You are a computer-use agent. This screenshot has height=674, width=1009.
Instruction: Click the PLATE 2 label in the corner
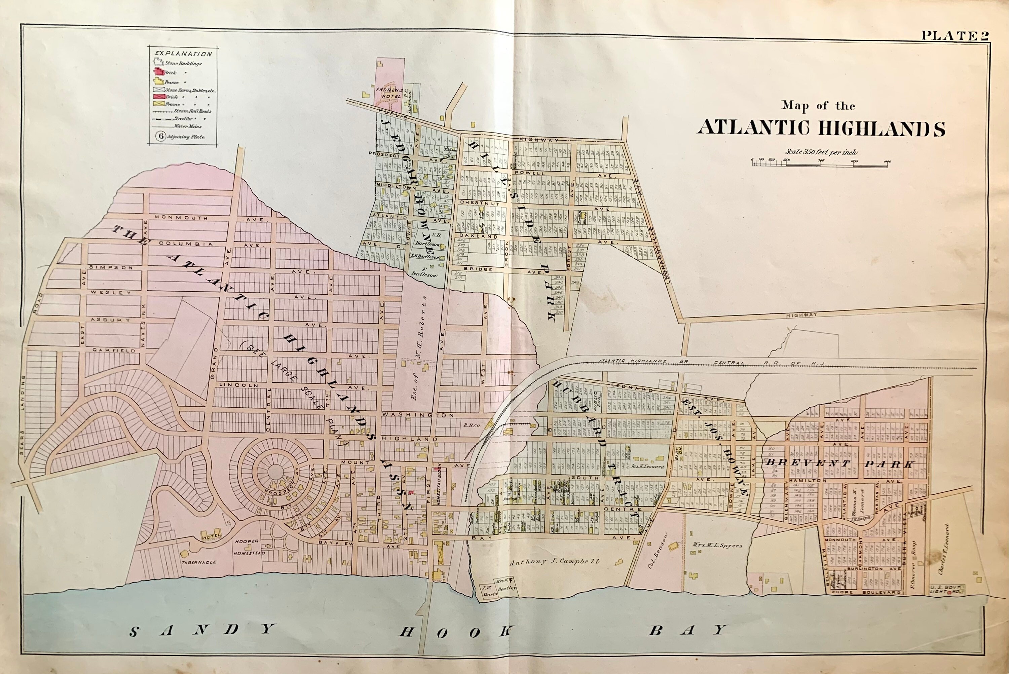coord(955,36)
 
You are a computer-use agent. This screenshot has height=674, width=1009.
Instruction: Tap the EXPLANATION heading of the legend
coord(184,54)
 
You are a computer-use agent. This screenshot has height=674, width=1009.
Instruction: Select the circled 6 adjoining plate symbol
coord(161,136)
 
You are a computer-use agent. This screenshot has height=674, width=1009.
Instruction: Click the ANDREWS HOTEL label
coord(388,93)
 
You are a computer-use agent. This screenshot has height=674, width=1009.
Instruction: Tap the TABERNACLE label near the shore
coord(198,562)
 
